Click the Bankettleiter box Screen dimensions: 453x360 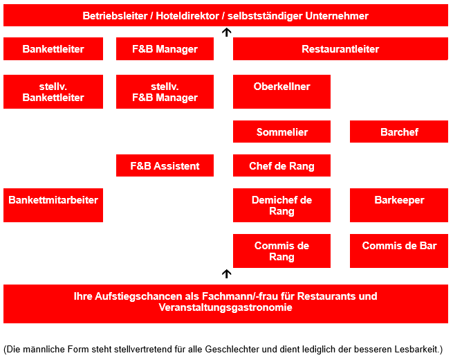(53, 48)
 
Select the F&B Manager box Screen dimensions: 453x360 (165, 48)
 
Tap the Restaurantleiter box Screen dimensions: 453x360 (340, 48)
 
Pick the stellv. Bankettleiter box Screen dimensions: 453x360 (53, 91)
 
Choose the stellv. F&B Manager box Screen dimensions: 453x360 (165, 91)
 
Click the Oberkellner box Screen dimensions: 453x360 (281, 91)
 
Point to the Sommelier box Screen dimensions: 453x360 (281, 132)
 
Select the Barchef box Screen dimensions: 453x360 (399, 132)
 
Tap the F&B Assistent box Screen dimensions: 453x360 (165, 165)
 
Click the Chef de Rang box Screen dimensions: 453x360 (281, 165)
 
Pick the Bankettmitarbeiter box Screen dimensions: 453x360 (53, 206)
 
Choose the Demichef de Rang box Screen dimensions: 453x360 (281, 206)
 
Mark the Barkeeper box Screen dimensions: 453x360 (399, 206)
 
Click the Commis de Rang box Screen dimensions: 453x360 (281, 251)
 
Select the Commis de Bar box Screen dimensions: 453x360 (399, 251)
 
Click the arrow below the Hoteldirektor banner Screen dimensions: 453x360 (227, 32)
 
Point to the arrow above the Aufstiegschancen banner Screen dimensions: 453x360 (227, 273)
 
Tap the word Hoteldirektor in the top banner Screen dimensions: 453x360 (187, 16)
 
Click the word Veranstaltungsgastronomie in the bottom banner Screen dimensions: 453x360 (225, 307)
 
